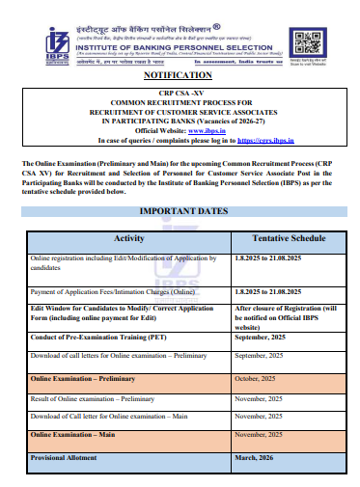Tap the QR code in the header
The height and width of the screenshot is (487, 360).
pyautogui.click(x=308, y=41)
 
